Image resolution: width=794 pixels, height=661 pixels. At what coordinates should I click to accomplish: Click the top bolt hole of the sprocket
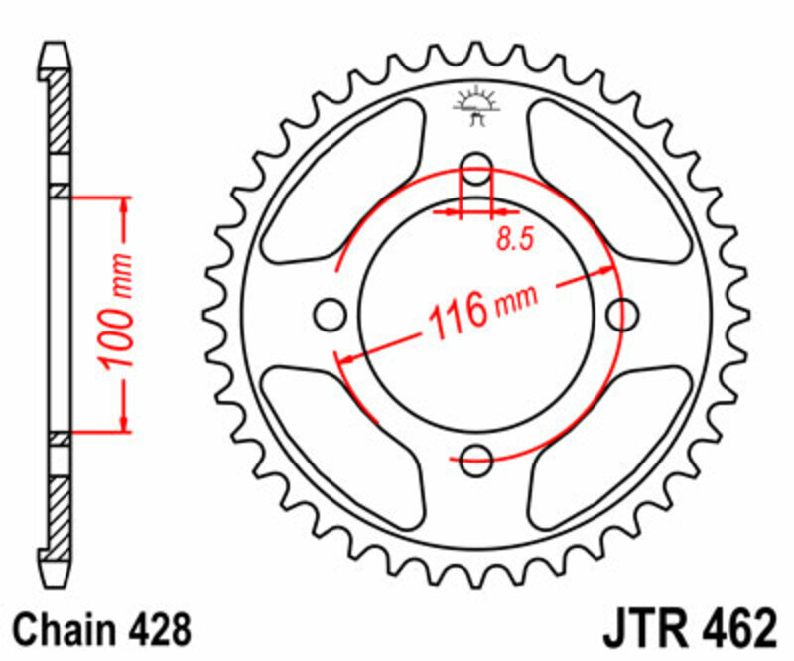pyautogui.click(x=476, y=169)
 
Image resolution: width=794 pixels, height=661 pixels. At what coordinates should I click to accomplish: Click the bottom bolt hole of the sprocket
pyautogui.click(x=476, y=457)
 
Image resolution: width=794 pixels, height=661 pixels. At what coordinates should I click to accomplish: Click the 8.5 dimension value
pyautogui.click(x=513, y=238)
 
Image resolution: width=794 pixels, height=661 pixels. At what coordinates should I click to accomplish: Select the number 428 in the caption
pyautogui.click(x=158, y=630)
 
